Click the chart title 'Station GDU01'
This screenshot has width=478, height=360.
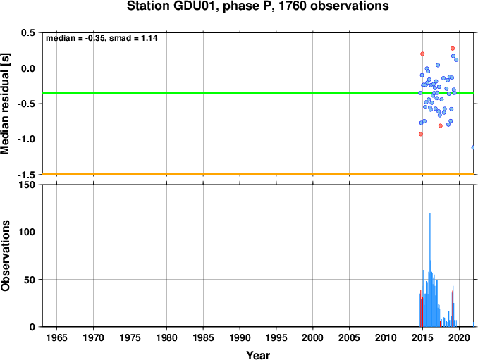click(173, 6)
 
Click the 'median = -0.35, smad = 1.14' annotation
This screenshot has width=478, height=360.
click(102, 38)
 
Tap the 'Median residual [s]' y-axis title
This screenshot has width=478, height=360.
click(5, 104)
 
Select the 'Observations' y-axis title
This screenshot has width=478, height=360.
click(5, 256)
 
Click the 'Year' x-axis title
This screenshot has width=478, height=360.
click(258, 355)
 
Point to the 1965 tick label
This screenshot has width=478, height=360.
click(56, 337)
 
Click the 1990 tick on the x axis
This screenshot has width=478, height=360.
click(240, 337)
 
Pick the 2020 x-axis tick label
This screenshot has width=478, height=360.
click(460, 337)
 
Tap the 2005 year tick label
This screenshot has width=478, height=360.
click(350, 337)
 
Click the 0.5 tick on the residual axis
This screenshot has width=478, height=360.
click(28, 32)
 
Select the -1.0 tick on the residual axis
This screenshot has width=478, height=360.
click(26, 139)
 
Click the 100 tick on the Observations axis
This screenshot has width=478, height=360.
click(27, 232)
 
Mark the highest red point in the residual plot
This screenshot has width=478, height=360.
click(453, 49)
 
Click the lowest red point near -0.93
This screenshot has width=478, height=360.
click(421, 134)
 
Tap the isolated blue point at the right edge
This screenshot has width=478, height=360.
click(473, 147)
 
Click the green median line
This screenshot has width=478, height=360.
click(258, 93)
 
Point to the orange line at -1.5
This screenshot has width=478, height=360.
click(258, 174)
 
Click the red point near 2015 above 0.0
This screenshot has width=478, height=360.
click(422, 54)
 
